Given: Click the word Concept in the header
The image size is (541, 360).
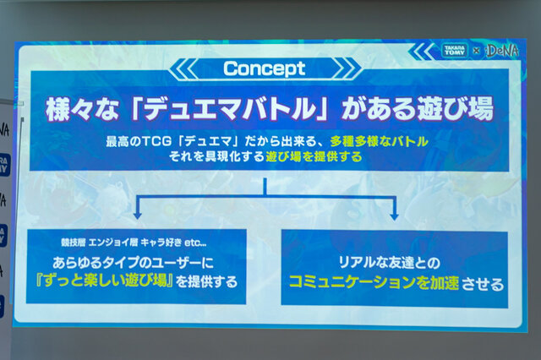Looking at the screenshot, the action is point(265,68).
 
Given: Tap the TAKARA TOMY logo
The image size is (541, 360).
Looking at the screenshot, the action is point(454,51).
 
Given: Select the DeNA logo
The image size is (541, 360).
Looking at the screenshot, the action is point(502,51).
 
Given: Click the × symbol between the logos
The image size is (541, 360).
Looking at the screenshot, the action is point(476,51).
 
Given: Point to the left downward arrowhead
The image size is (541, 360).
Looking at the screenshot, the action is point(138,215).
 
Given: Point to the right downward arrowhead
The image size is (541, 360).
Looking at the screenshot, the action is point(395,216).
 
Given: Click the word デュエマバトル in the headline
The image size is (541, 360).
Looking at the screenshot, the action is point(230,109).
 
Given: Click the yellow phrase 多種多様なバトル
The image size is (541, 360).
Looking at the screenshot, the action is point(380,141).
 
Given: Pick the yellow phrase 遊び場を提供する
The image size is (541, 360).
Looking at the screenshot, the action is point(314,157).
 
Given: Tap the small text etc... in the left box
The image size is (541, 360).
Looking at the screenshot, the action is point(196,243).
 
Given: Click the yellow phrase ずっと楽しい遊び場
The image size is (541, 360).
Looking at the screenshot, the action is point(104,281).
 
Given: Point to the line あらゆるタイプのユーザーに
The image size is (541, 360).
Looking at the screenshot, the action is point(134,263).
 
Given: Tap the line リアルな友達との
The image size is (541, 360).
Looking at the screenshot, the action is point(390,263).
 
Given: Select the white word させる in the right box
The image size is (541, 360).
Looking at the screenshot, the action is point(483,285).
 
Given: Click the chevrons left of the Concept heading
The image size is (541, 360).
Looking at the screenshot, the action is point(183,68).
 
